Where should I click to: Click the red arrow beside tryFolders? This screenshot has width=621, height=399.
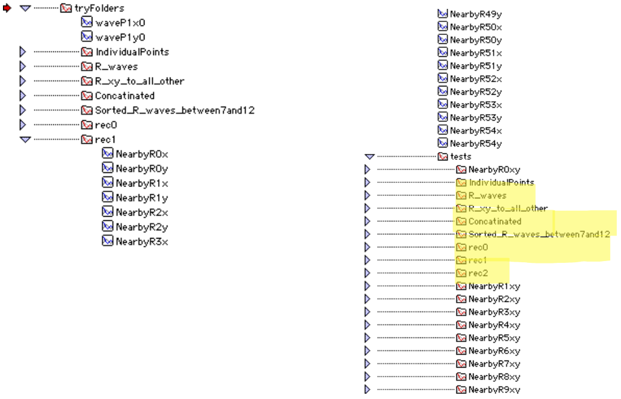coord(7,8)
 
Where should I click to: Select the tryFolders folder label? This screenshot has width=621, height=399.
coord(99,8)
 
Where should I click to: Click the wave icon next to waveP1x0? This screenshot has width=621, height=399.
coord(87,22)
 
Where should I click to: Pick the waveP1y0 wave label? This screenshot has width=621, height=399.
coord(120,38)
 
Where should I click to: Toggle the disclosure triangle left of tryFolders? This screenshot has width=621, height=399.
coord(25,8)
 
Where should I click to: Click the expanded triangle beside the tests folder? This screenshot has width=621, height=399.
coord(369,156)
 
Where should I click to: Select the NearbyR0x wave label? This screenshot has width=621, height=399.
coord(142,154)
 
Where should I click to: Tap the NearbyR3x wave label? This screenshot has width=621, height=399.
coord(142,242)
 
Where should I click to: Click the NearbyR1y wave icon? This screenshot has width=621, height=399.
coord(107,197)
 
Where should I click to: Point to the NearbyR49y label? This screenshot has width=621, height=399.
coord(476,15)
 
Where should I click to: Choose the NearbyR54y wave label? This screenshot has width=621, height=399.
coord(476,144)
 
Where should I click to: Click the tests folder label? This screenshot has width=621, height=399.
coord(461,156)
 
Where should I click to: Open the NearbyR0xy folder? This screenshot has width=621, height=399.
coord(494,169)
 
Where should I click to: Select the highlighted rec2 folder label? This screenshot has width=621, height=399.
coord(478,273)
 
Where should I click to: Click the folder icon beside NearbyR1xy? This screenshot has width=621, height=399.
coord(461,286)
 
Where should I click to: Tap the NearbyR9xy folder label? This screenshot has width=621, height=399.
coord(494,390)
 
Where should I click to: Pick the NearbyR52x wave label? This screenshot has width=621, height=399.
coord(476,79)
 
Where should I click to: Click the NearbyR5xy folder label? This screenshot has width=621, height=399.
coord(494,338)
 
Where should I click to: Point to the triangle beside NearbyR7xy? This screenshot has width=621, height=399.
coord(368,363)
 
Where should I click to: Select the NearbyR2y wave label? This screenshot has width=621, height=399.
coord(142,227)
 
